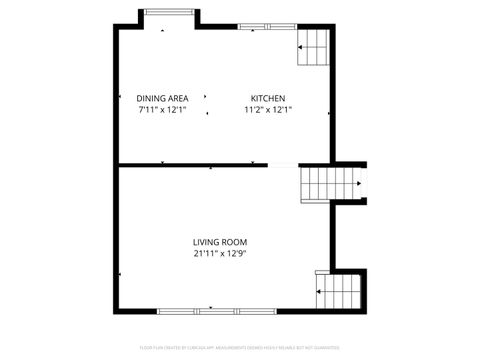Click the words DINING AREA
click(162, 98)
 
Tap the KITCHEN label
click(268, 98)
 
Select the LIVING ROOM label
click(220, 242)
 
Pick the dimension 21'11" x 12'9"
click(220, 254)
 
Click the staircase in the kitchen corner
click(314, 46)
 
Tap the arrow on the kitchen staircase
click(302, 46)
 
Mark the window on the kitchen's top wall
click(254, 24)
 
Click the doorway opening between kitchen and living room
click(283, 164)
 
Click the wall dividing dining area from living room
click(190, 164)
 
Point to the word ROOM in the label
click(235, 242)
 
